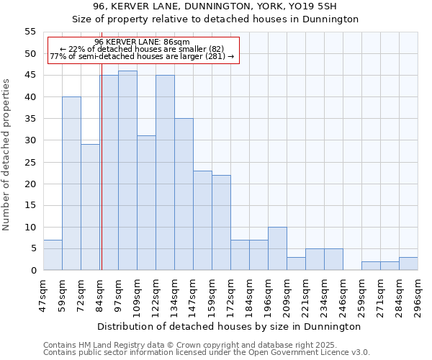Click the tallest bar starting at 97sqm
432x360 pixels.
[x=127, y=171]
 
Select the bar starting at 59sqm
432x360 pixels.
[x=71, y=184]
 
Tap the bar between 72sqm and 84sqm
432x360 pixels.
[x=90, y=207]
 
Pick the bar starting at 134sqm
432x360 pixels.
[x=184, y=194]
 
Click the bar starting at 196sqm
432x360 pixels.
[x=277, y=248]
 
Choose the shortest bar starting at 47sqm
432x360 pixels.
[x=53, y=255]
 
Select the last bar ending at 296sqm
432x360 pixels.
[x=408, y=264]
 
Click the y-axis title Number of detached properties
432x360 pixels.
[x=6, y=155]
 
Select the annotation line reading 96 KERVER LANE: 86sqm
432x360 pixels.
[x=142, y=42]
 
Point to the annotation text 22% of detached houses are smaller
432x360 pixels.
[x=142, y=49]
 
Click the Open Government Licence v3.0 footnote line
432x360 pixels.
[x=207, y=353]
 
